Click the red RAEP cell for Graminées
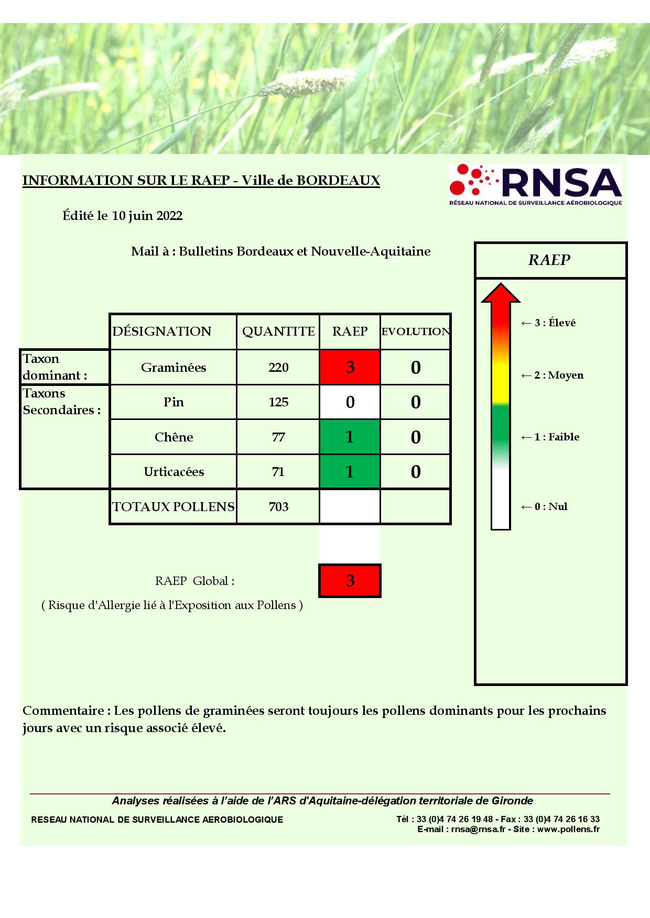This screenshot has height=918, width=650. pos(350,367)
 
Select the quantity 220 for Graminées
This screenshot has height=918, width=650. pos(278,368)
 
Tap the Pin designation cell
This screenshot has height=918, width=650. pos(174,402)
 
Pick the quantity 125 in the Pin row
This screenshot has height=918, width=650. pos(278,402)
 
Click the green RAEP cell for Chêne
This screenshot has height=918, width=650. pos(350,437)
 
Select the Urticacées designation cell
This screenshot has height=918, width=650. pos(174,472)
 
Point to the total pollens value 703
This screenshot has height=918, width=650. pos(278,507)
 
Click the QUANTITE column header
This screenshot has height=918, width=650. pos(278,331)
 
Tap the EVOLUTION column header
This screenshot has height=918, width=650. pos(415,331)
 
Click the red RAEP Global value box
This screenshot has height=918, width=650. pos(350,580)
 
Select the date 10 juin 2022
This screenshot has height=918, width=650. pos(147,216)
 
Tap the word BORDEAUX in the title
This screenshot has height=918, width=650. pos(338,181)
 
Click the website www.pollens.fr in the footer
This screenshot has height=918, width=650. pos(568,829)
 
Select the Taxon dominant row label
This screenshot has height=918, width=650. pos(55,367)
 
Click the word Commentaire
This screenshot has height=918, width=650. pos(63,711)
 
